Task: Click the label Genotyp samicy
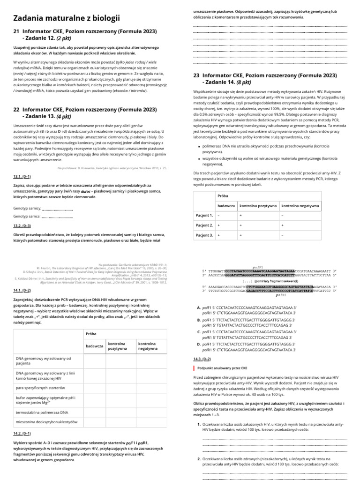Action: (27, 208)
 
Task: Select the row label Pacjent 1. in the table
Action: (204, 215)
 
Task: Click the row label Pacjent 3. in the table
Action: (204, 235)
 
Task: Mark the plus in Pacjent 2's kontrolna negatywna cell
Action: (283, 225)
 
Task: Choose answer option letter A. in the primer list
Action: (199, 307)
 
